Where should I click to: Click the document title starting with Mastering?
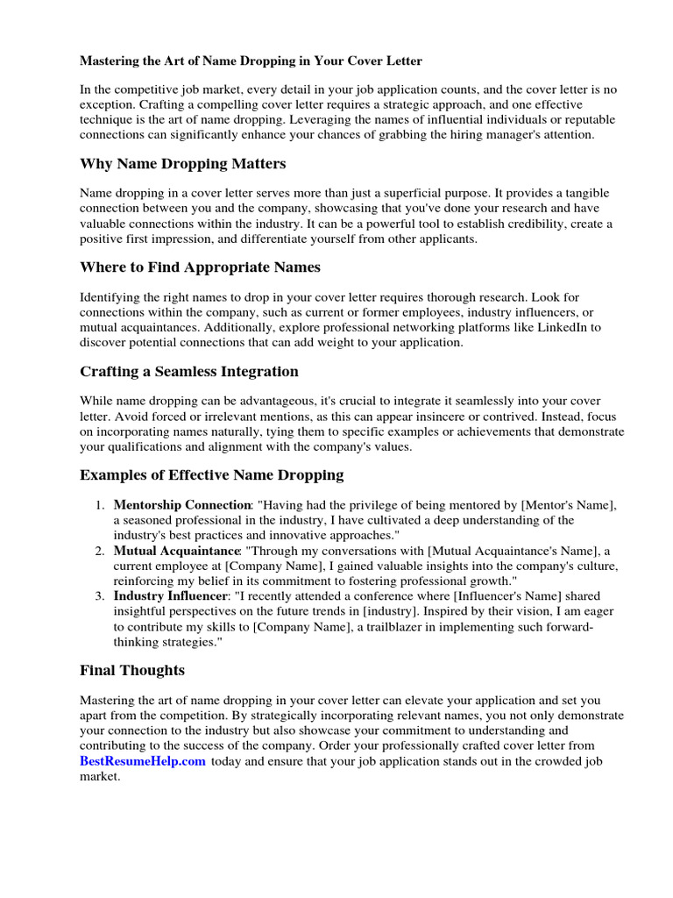coord(251,61)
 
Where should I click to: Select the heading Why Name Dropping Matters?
coord(182,164)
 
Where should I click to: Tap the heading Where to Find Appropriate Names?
coord(200,267)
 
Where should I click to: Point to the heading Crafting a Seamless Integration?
coord(189,371)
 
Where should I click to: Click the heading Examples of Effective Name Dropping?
coord(211,474)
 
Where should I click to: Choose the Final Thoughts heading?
coord(132,670)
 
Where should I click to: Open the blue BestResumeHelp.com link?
coord(143,761)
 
